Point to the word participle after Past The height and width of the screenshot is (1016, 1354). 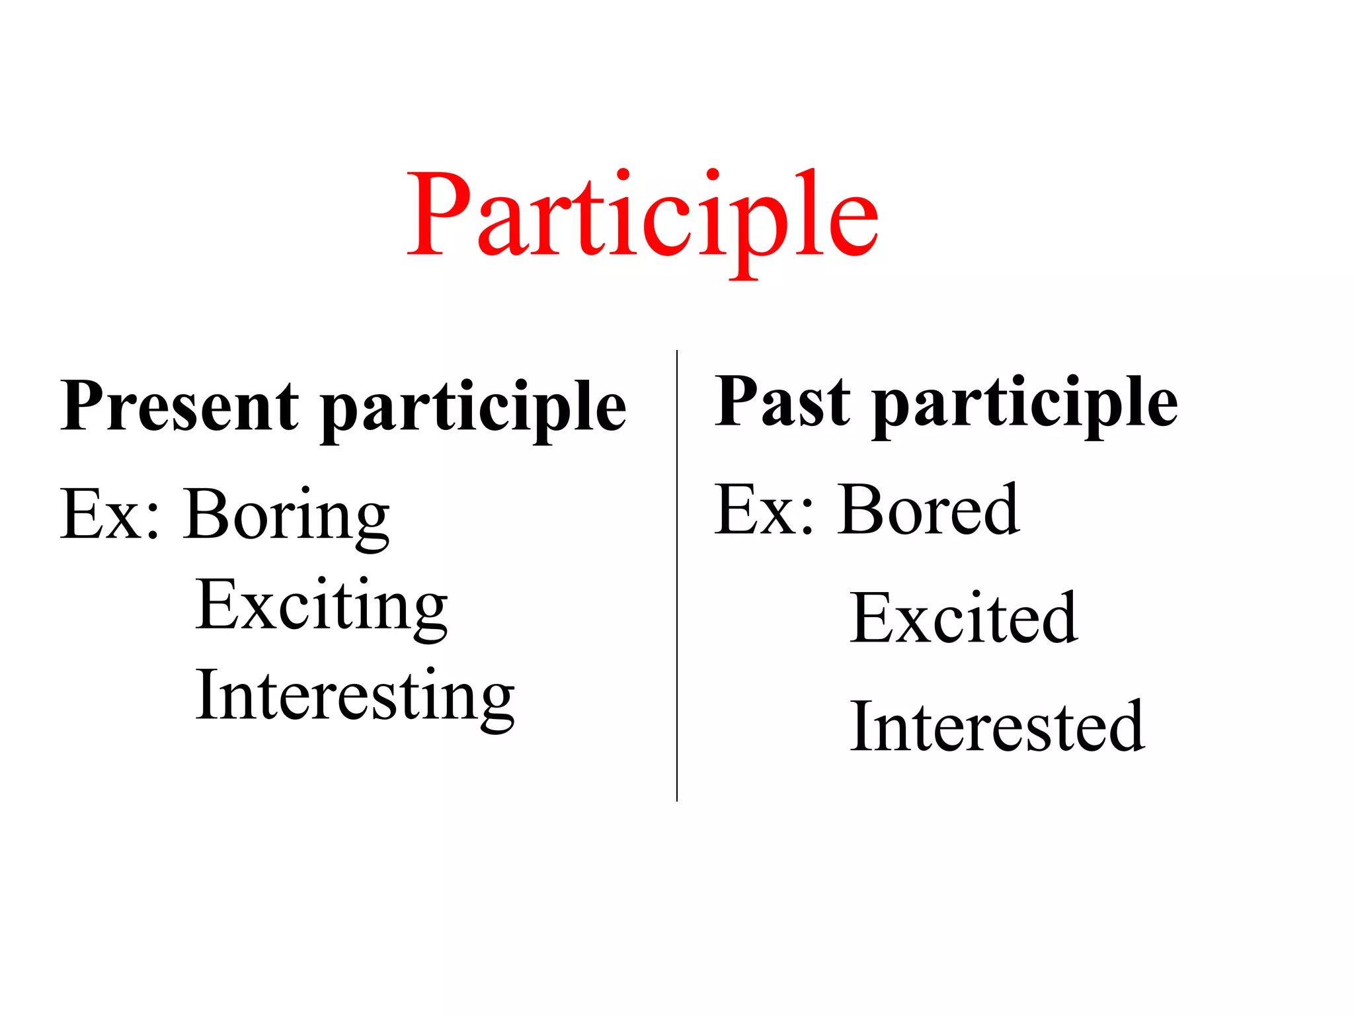click(1025, 403)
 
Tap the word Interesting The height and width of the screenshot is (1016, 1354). click(355, 697)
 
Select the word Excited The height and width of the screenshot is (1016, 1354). click(964, 618)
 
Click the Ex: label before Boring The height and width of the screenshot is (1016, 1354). click(110, 515)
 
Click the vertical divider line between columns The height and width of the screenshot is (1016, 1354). click(677, 575)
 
